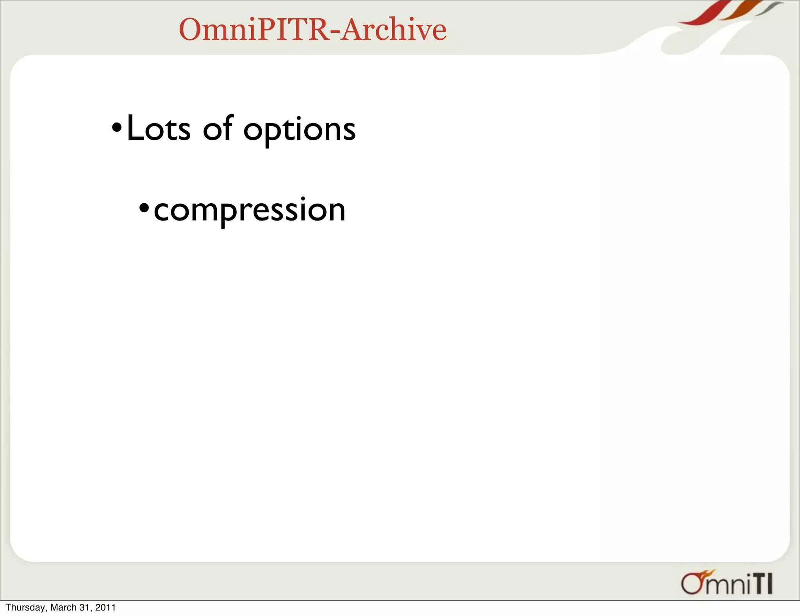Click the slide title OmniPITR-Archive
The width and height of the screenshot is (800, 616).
(x=312, y=29)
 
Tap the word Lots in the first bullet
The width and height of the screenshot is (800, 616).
(x=159, y=129)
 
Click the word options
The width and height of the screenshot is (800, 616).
(x=299, y=131)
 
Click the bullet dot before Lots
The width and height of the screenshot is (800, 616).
(x=117, y=128)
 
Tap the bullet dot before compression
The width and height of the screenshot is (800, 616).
(x=144, y=207)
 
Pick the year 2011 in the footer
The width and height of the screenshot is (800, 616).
(x=105, y=607)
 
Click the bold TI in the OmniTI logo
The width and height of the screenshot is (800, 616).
(x=762, y=584)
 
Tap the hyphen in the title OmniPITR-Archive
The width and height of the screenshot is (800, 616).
(x=335, y=31)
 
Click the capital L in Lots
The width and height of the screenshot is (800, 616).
(x=135, y=128)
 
